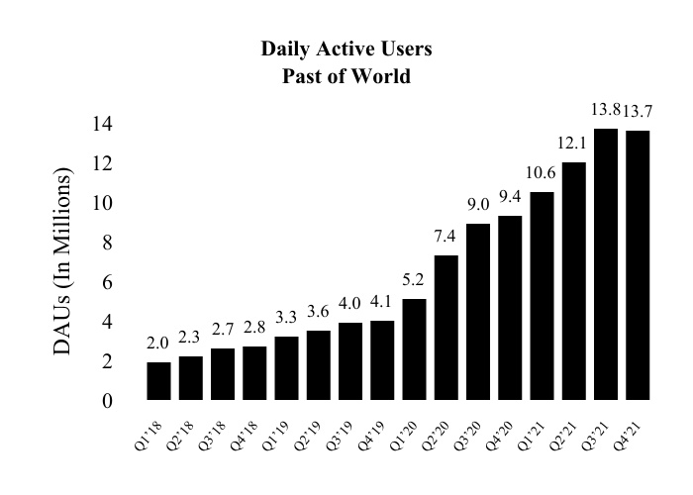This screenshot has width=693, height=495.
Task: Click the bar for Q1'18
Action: point(158,381)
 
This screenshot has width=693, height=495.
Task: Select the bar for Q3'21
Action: point(605,264)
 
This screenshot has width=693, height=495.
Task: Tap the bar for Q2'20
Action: point(445,328)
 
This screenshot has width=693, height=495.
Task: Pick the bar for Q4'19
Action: point(382,360)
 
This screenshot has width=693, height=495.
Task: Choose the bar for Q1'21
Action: point(542,296)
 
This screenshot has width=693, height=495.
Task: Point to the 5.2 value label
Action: point(414,278)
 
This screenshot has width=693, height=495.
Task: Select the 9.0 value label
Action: point(478,204)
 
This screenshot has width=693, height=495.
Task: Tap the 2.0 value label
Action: point(158,343)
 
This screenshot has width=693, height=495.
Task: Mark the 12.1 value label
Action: point(573,143)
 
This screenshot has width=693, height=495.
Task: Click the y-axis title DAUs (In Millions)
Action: point(63,262)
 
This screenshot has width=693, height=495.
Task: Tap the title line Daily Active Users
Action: point(346,49)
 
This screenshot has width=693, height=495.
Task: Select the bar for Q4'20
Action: point(510,308)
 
